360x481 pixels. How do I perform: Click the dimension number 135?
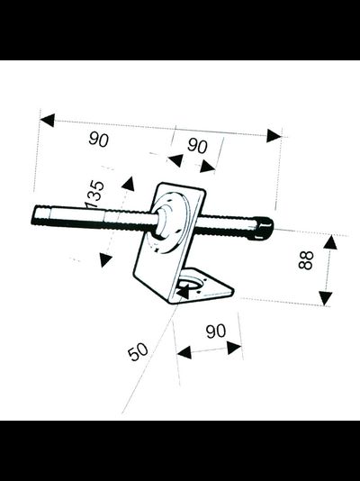(94, 195)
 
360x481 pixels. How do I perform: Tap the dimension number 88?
(306, 260)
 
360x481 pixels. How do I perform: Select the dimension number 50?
(138, 351)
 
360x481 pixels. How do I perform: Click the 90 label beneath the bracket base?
(216, 331)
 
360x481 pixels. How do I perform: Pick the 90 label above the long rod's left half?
(99, 140)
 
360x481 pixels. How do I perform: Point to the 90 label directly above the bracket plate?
(197, 145)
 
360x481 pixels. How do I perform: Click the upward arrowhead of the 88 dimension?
(330, 242)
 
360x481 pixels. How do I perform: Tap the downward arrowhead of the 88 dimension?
(326, 298)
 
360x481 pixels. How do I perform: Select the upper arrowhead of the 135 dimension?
(128, 184)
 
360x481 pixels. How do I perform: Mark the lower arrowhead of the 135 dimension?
(105, 260)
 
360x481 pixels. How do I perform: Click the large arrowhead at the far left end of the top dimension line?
(48, 120)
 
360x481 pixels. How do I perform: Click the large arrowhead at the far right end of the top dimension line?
(274, 136)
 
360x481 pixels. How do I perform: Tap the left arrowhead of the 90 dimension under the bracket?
(184, 352)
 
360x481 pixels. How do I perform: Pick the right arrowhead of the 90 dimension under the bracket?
(234, 348)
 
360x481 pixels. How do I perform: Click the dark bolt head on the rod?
(264, 228)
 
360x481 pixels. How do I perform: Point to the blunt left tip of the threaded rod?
(33, 215)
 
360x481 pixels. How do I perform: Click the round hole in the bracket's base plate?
(190, 284)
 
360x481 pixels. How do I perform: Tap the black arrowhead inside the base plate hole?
(184, 292)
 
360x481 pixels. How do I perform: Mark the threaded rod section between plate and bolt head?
(226, 225)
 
